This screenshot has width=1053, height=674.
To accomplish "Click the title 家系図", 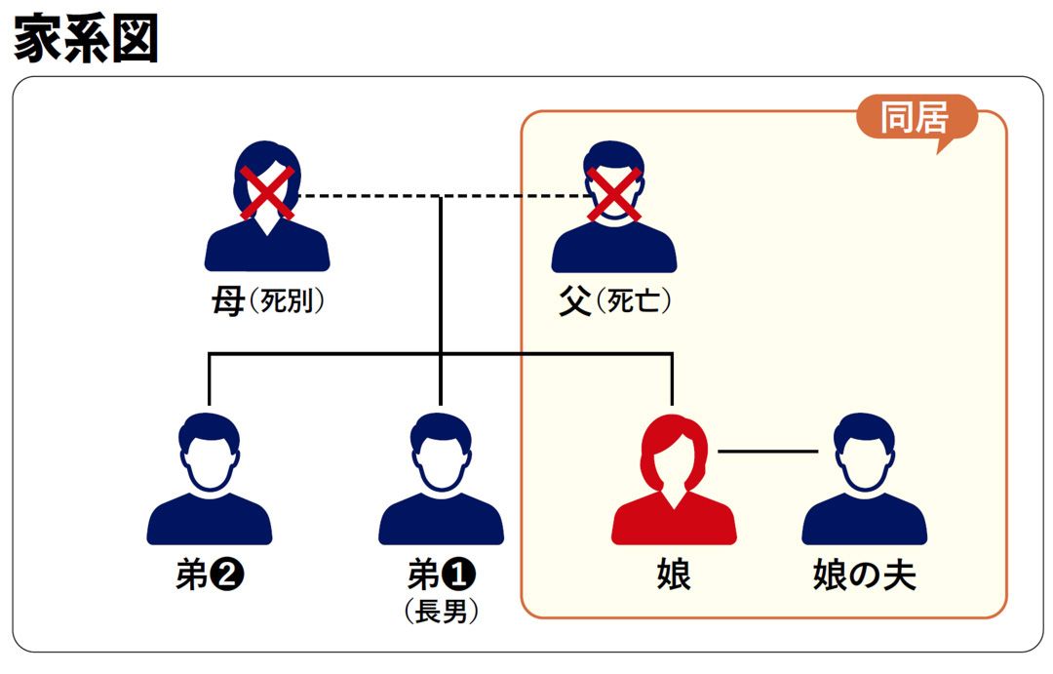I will (x=87, y=40).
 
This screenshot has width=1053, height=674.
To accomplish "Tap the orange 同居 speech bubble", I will (x=916, y=119).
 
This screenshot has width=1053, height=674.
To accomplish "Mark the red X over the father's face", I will (x=613, y=192).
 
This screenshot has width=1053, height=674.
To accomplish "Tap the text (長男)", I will (x=441, y=612).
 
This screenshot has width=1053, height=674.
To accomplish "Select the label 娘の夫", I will (x=864, y=575).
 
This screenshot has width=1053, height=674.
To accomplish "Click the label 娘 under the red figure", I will (x=674, y=575).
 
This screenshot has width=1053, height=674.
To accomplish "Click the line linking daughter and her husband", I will (x=767, y=452).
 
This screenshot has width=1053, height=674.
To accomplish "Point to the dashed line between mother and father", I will (x=370, y=197).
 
